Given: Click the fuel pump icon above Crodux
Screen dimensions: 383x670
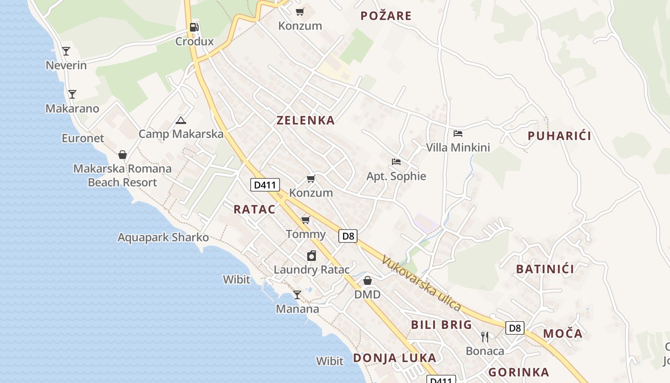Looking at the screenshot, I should tap(194, 27).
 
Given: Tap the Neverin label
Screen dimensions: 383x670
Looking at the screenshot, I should tap(66, 65).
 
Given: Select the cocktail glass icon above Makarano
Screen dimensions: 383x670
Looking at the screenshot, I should tap(72, 94).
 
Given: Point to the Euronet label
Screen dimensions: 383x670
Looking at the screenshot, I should tap(83, 138).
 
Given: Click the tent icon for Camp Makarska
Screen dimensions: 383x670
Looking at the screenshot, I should tap(180, 120).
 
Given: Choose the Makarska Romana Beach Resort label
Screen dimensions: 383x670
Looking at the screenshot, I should tap(123, 175).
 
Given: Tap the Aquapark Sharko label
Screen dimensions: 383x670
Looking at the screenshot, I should tap(163, 237).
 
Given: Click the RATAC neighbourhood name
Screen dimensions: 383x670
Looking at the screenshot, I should tap(255, 209).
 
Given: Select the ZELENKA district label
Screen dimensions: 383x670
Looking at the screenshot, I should tap(305, 120).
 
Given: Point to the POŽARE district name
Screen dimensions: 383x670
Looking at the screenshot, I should tap(386, 16).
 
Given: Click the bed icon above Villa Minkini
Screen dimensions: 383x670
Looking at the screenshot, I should tap(458, 134).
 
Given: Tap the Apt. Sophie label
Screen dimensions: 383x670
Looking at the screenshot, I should tap(396, 176).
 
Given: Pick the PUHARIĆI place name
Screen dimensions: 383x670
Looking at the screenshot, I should tap(559, 136).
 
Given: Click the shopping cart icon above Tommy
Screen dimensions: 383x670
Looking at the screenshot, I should tap(305, 220).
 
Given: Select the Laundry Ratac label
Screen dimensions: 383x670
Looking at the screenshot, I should tap(312, 270).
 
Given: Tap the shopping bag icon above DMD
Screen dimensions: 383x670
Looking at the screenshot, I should tap(368, 281).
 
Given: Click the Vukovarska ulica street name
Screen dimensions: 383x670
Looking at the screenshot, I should tap(421, 283).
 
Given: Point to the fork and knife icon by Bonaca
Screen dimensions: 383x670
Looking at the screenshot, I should tap(485, 337).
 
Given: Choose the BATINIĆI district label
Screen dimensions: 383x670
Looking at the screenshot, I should tap(545, 269).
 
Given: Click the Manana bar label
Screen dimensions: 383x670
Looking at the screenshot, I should tap(297, 309).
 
